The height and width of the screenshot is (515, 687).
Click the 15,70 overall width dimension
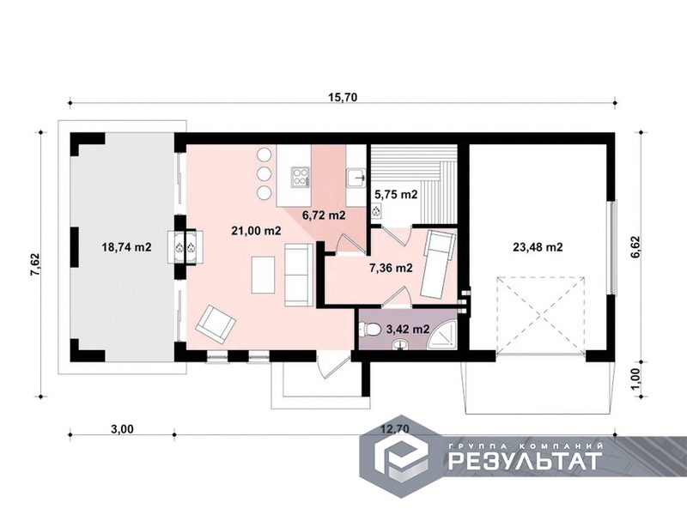[343, 97]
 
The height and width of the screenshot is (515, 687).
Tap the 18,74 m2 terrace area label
[126, 247]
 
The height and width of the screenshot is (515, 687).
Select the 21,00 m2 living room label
[256, 231]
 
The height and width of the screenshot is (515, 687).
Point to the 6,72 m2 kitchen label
[325, 215]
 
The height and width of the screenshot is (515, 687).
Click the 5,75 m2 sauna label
[396, 195]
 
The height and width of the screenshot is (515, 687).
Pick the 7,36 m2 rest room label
[392, 268]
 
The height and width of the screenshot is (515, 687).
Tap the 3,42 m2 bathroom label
[408, 330]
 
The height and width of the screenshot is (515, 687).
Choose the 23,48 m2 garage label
[538, 247]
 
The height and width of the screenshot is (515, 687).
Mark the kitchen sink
[356, 178]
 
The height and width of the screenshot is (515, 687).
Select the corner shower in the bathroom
[442, 335]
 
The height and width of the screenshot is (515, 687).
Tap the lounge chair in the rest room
[437, 265]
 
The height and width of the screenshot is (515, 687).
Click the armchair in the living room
[216, 324]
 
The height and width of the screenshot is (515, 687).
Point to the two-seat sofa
[299, 275]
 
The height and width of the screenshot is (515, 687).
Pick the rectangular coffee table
[264, 275]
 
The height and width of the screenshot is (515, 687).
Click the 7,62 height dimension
[34, 264]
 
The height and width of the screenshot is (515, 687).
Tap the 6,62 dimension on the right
[635, 247]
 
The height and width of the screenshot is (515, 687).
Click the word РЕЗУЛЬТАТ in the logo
[525, 460]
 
